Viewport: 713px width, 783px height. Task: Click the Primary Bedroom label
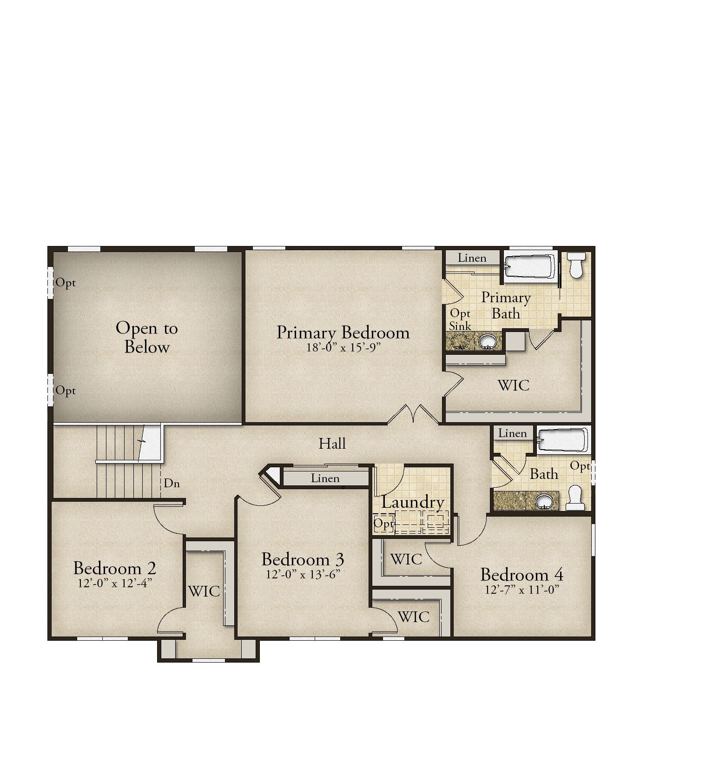tap(343, 333)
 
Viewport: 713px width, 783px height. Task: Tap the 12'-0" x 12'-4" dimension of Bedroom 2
tap(115, 583)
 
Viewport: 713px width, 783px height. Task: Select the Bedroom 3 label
tap(303, 559)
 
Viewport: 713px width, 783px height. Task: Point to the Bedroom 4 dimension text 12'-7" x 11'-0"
tap(522, 590)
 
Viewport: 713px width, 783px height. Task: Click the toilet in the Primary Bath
tap(577, 265)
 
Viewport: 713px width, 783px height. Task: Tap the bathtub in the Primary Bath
tap(530, 269)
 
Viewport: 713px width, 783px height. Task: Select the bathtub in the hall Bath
tap(563, 440)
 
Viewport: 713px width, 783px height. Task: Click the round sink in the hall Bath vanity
tap(543, 501)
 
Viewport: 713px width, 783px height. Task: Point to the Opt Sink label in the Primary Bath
tap(460, 319)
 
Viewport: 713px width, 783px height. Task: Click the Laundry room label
tap(413, 503)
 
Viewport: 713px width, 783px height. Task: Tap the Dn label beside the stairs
tap(172, 483)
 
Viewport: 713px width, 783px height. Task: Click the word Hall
tap(332, 444)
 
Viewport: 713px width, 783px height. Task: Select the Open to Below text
tap(147, 337)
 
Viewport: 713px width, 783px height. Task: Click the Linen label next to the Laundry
tap(325, 478)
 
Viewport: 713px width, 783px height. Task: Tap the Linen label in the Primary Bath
tap(472, 258)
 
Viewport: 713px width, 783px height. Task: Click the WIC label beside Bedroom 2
tap(204, 591)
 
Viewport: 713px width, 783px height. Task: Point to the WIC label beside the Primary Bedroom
tap(514, 385)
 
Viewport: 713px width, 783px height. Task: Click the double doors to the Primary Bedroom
tap(413, 414)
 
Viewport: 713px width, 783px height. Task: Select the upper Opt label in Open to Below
tap(66, 283)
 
